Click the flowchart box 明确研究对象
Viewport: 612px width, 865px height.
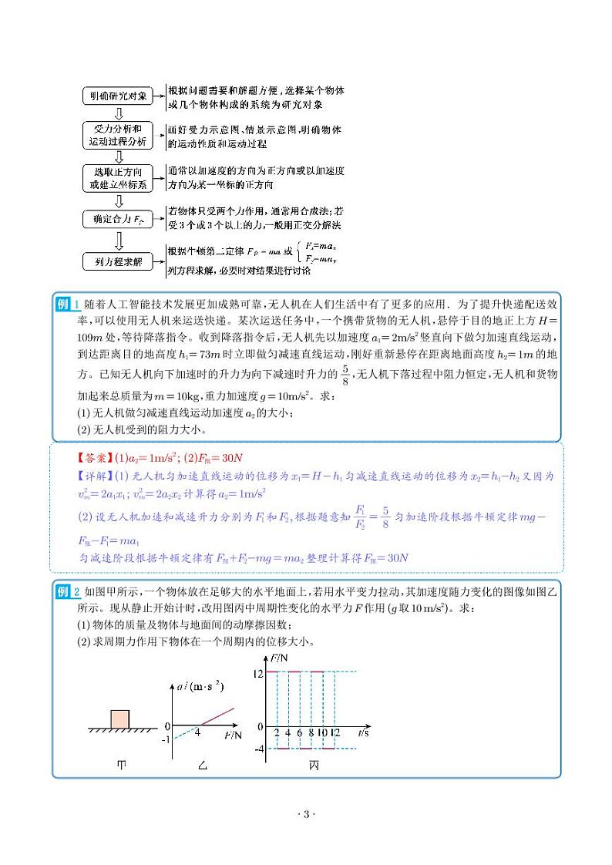click(x=117, y=96)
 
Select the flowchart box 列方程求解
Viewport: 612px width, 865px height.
click(x=117, y=263)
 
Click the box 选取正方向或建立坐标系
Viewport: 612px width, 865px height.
click(x=117, y=178)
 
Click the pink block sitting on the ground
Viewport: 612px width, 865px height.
click(x=122, y=716)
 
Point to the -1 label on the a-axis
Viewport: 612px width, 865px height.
click(x=165, y=740)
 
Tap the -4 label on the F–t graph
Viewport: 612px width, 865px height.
click(x=259, y=749)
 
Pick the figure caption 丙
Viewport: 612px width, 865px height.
click(x=314, y=765)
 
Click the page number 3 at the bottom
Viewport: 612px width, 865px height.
click(x=306, y=815)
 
